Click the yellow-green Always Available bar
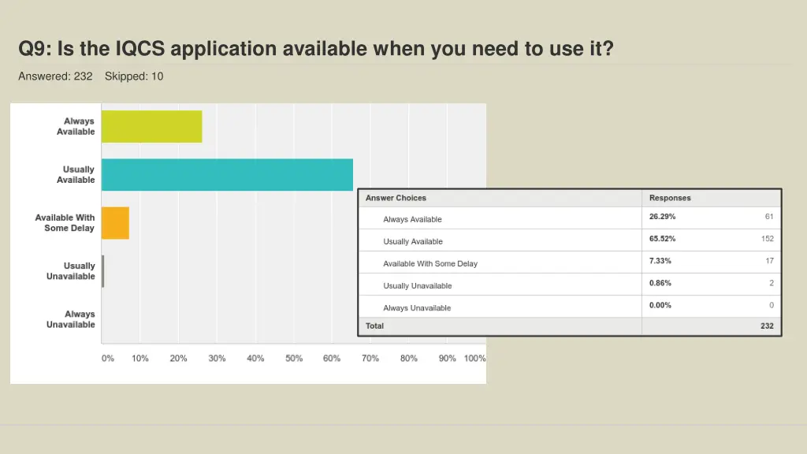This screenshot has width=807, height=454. pos(151,127)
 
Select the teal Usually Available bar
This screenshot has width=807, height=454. pos(227,175)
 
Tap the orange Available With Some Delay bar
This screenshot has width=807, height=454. pos(115,223)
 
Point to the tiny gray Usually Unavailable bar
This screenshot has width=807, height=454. pos(102,271)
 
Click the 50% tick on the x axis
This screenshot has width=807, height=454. pos(294,359)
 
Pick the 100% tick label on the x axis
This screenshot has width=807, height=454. pos(474,359)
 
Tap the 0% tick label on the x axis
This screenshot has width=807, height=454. pos(108,359)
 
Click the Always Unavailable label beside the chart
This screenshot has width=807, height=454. pos(70,319)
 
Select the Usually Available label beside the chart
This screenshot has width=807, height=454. pos(76,175)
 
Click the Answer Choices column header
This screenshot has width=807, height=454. pos(396,198)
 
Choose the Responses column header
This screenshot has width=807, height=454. pos(670,198)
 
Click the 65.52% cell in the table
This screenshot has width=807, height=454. pos(662,239)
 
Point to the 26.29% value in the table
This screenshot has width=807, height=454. pos(662,217)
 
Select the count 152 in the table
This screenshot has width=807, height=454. pos(767,239)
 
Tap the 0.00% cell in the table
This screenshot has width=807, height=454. pos(660,305)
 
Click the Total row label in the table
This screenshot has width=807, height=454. pos(374,326)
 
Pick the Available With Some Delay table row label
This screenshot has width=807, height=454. pos(430,264)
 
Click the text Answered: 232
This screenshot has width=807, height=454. pos(55,76)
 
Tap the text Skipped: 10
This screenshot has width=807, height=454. pos(134,76)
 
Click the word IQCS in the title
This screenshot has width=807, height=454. pos(139,50)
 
